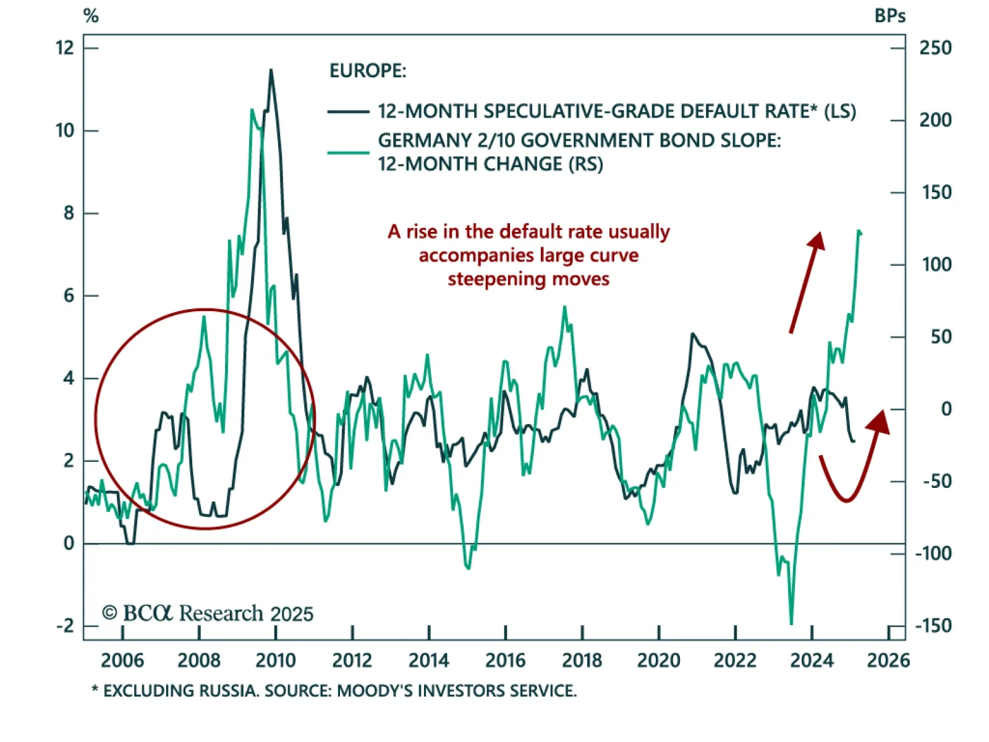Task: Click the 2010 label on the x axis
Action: [275, 660]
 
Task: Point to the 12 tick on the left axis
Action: [64, 48]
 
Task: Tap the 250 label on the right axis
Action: [935, 48]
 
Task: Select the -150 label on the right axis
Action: [933, 625]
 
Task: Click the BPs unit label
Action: [889, 16]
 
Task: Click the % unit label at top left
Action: [91, 16]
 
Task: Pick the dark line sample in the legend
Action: [349, 112]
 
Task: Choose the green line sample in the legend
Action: [349, 152]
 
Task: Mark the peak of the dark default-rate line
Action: [271, 70]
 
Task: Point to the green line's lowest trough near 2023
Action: [791, 623]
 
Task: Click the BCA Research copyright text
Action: [208, 613]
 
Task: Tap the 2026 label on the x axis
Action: [888, 660]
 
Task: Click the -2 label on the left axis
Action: [64, 625]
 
